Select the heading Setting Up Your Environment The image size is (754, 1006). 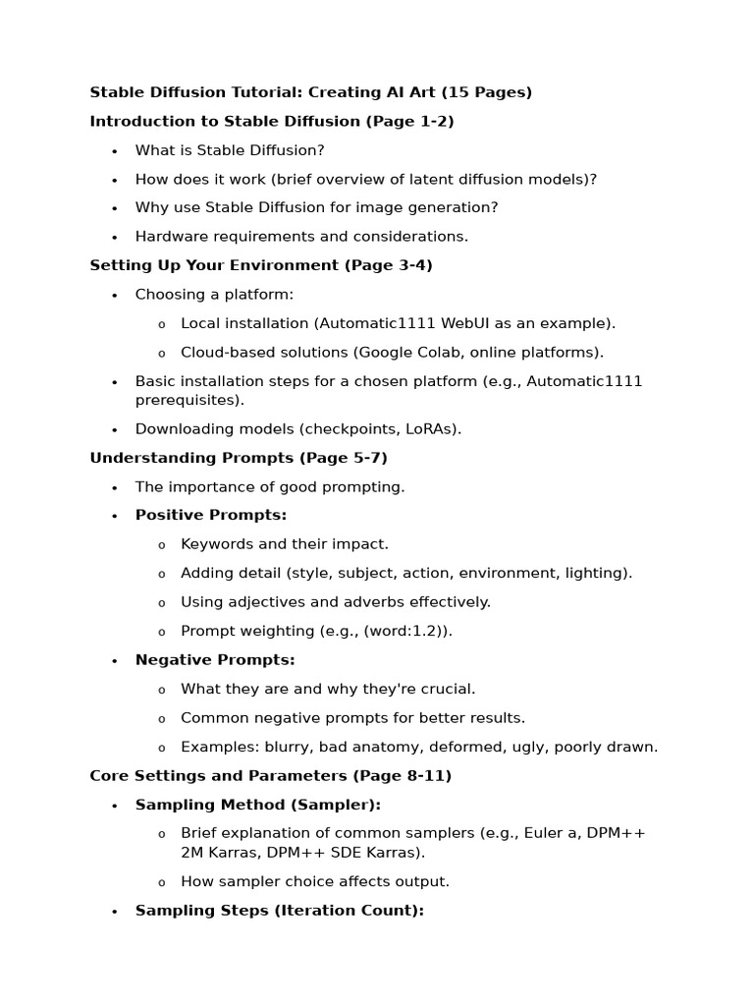pos(214,265)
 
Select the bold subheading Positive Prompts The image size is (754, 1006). pos(211,515)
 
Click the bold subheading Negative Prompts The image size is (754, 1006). pos(215,660)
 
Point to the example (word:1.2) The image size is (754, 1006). pos(407,631)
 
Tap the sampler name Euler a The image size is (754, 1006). pos(557,833)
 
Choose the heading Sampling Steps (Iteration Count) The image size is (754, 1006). pos(279,911)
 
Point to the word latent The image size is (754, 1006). pos(427,179)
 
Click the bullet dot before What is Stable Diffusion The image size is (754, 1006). pos(114,151)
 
